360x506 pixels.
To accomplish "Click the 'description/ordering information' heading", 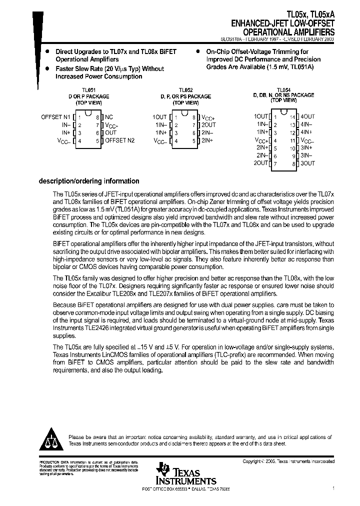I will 89,181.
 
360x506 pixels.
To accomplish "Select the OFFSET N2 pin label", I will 119,140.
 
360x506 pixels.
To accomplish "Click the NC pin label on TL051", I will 108,116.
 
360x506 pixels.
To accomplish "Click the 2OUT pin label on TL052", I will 208,124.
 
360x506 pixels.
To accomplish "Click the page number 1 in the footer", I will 333,488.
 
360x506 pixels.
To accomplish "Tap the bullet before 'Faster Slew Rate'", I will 47,68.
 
